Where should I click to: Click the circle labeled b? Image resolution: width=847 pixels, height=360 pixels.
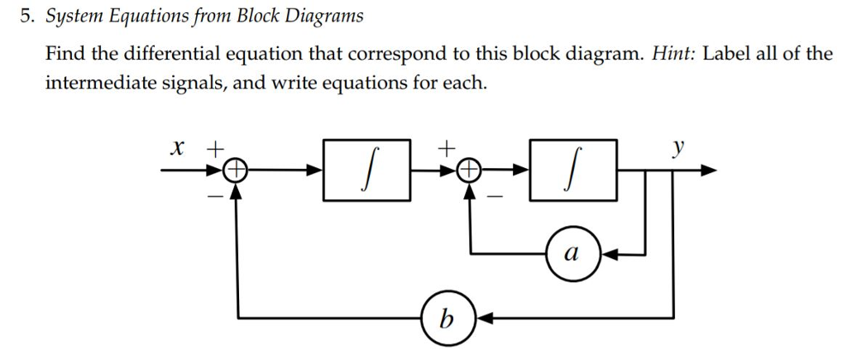click(447, 317)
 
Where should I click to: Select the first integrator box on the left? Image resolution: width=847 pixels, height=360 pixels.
click(366, 170)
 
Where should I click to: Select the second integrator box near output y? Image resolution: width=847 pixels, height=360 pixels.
click(573, 170)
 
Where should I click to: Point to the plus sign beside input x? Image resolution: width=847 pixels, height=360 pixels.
click(214, 149)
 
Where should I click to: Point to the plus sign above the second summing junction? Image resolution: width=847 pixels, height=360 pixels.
click(447, 149)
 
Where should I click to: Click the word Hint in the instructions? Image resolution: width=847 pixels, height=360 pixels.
click(677, 55)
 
